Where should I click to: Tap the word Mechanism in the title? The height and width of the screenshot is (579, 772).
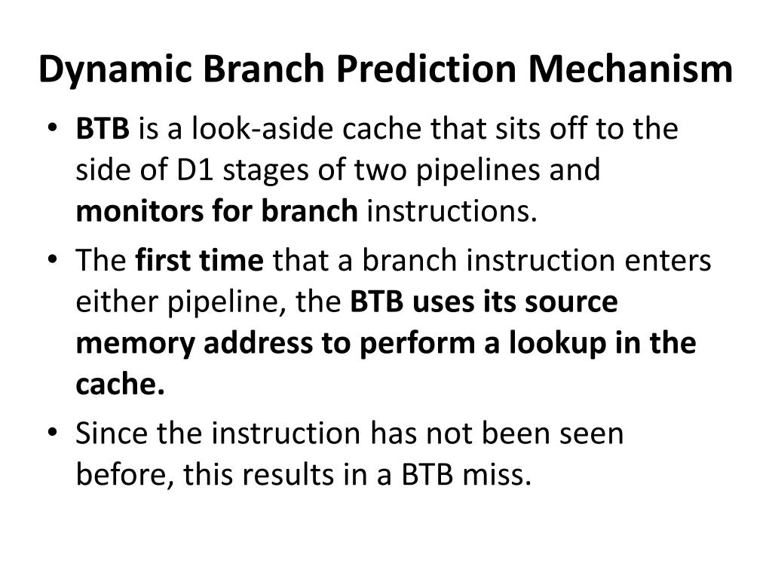pos(630,69)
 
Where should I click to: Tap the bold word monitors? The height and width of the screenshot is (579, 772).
pos(127,213)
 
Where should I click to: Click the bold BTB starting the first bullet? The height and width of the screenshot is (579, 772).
pos(103,130)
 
